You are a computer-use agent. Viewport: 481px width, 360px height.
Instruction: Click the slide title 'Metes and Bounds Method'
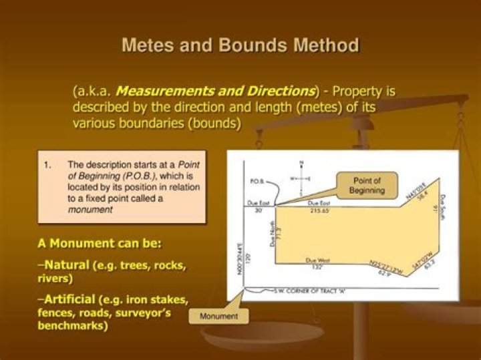(240, 45)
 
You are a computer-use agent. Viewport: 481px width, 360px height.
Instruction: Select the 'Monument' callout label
(218, 315)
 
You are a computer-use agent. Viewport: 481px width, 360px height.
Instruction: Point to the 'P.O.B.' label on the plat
(259, 181)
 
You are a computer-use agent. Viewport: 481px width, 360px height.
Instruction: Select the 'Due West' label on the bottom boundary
(319, 259)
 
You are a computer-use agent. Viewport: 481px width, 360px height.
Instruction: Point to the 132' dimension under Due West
(319, 266)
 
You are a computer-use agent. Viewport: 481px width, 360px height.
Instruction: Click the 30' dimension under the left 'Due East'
(258, 210)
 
